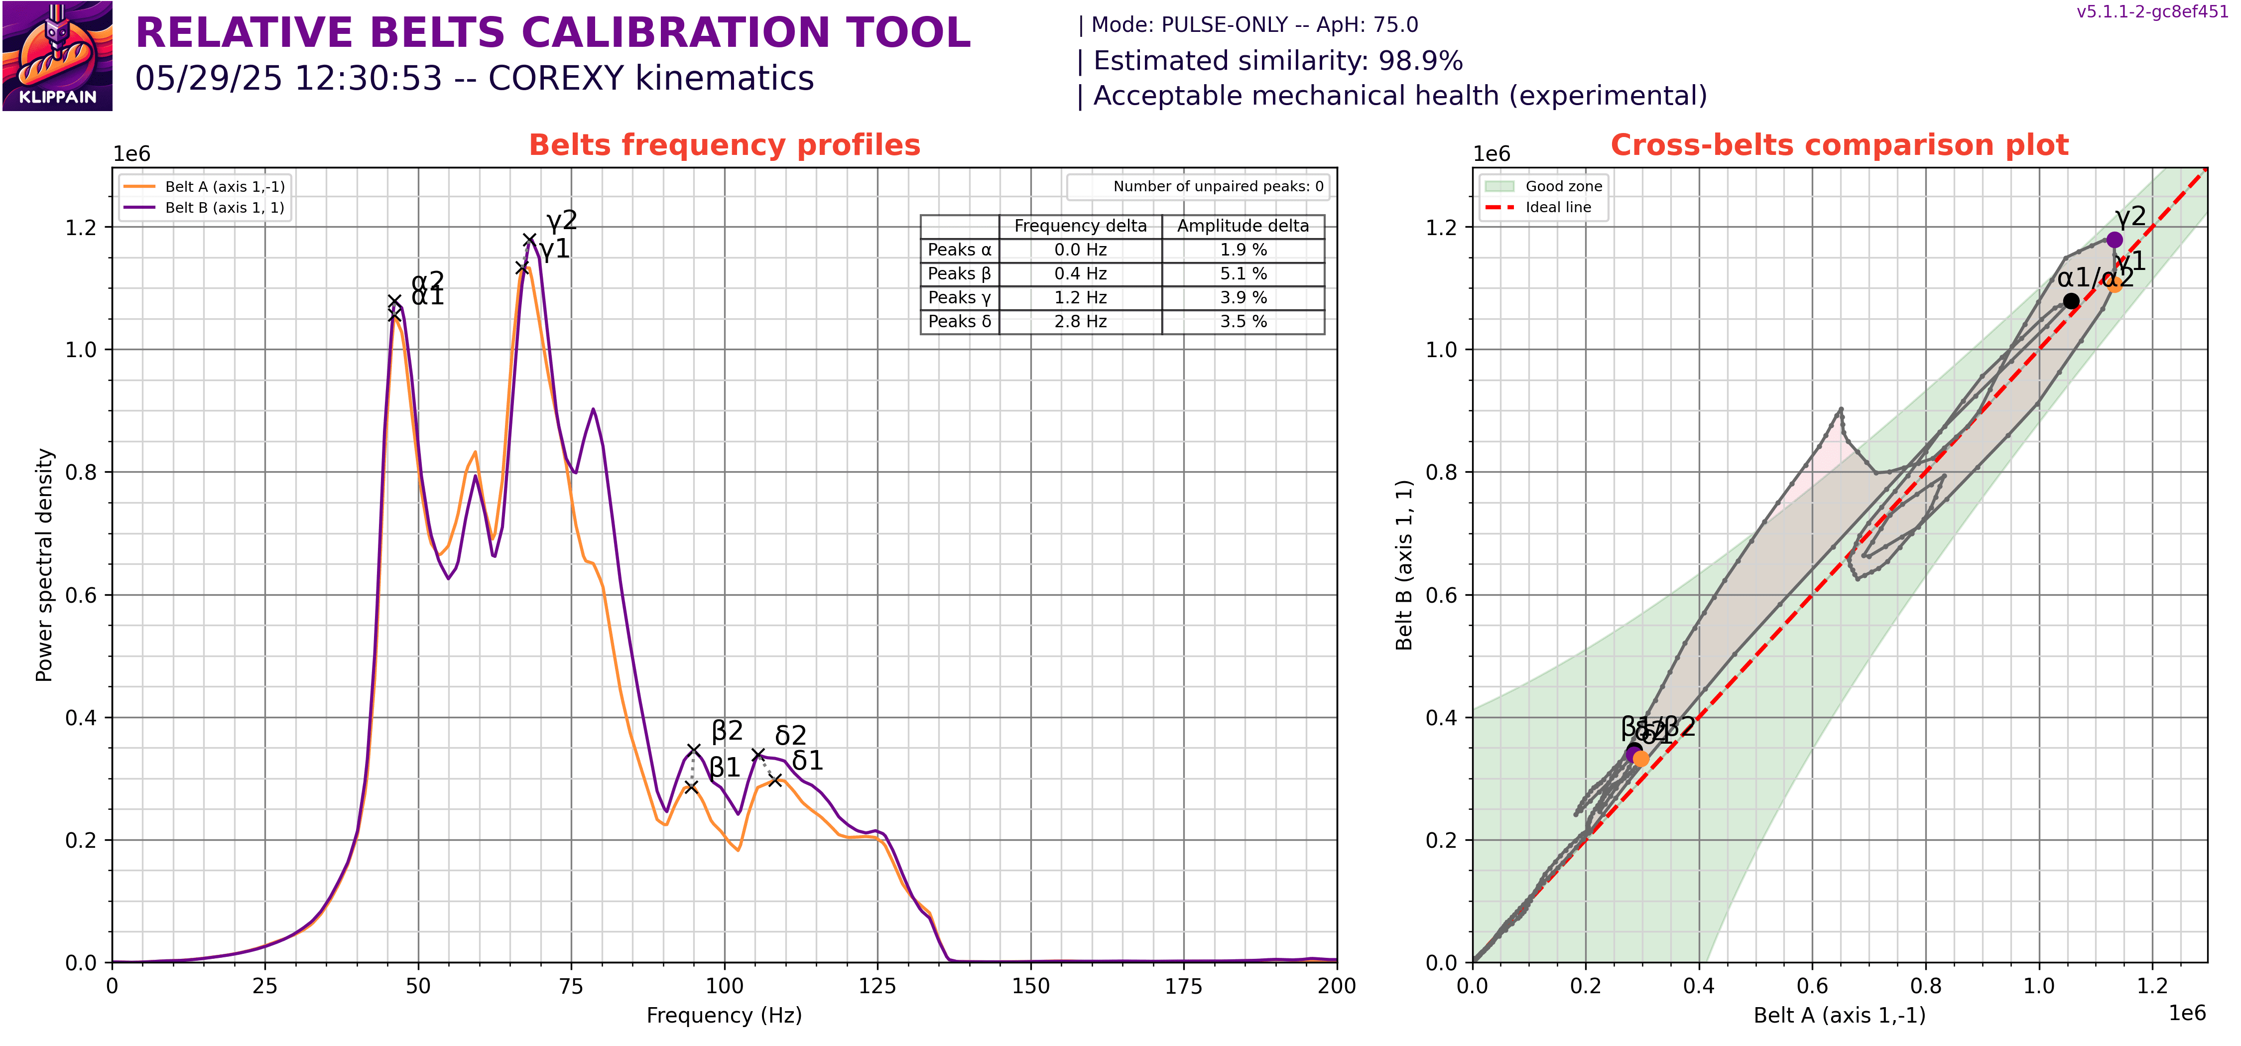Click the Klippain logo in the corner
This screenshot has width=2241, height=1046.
(57, 56)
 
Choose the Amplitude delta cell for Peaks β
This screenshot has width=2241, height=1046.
(1243, 273)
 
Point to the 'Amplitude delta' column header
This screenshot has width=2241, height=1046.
(1243, 225)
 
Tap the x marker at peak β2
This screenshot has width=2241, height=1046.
(693, 749)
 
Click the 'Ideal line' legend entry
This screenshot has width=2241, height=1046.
(1557, 207)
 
